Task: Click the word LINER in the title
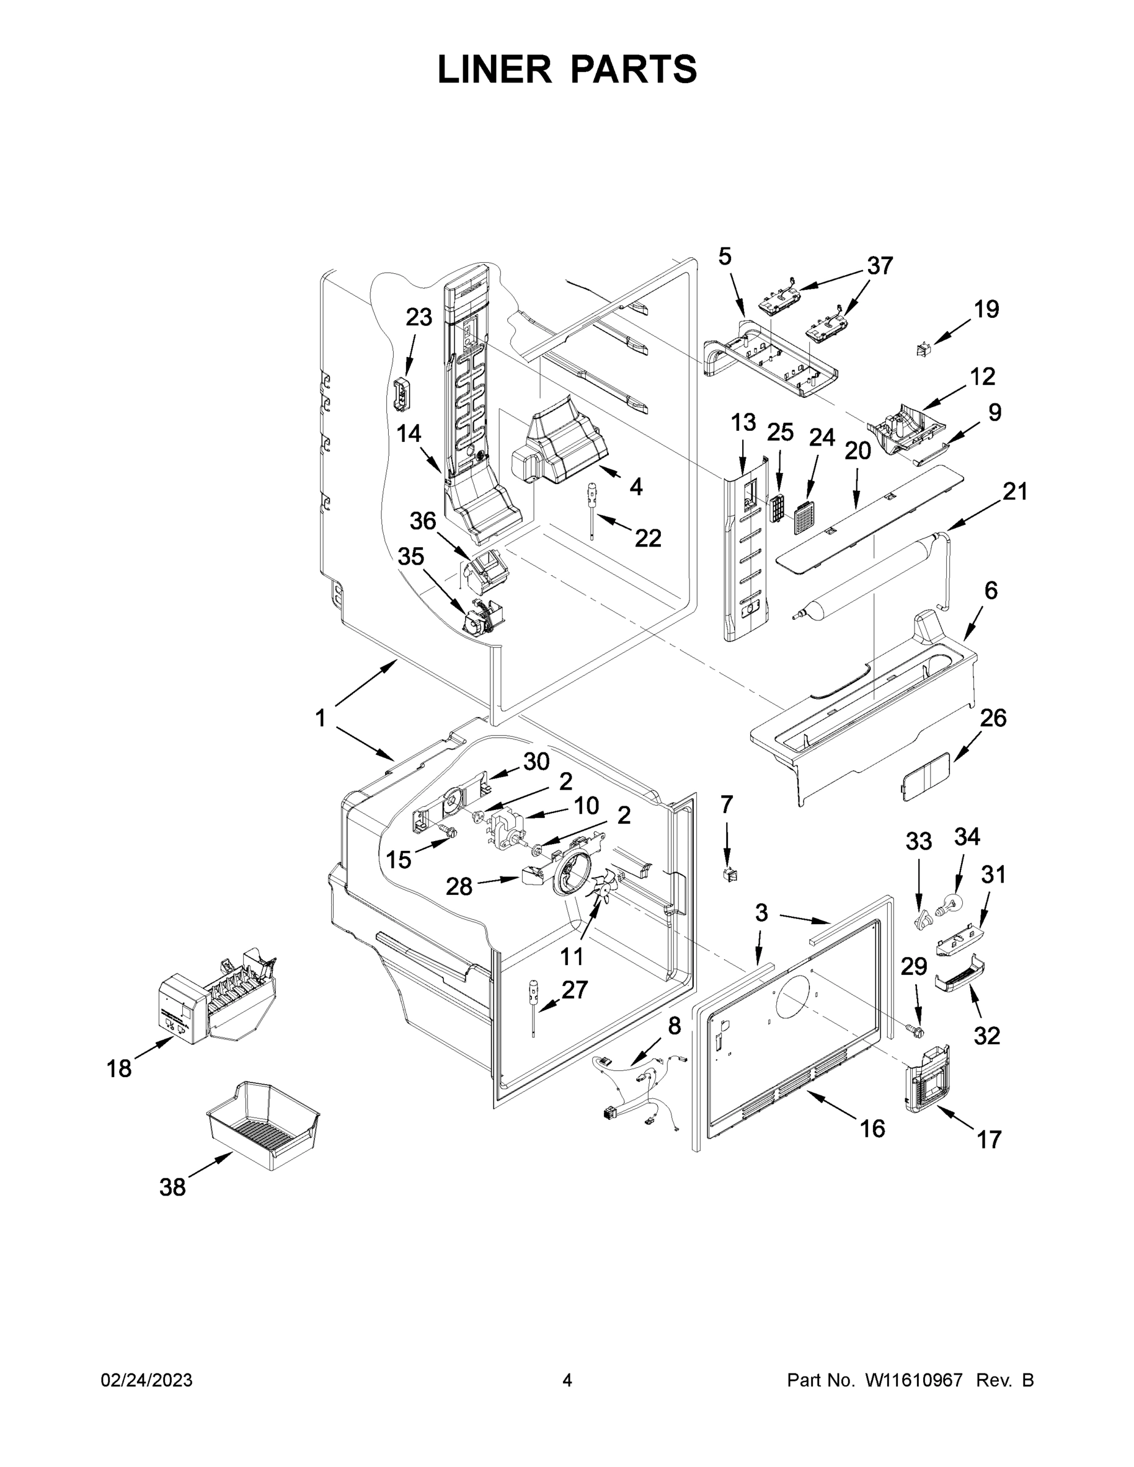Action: point(495,69)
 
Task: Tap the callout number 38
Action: point(172,1188)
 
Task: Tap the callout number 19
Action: point(986,310)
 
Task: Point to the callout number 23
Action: point(419,317)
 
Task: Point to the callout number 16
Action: point(872,1128)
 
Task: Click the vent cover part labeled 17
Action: point(928,1080)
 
